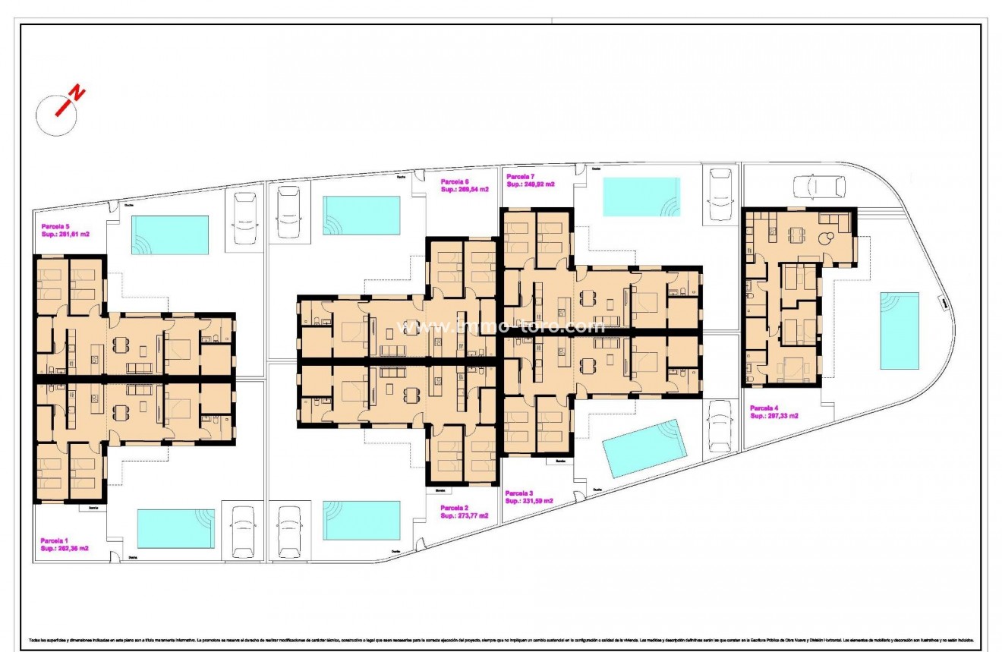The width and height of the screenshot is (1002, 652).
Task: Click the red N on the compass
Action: click(77, 94)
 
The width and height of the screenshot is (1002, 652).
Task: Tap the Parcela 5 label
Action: click(55, 225)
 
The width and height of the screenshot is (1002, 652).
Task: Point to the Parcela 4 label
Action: click(767, 407)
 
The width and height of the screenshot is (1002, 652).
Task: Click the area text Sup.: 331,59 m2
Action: click(529, 501)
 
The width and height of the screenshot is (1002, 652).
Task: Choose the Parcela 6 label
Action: click(455, 181)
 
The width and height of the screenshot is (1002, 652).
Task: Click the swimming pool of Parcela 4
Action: click(900, 331)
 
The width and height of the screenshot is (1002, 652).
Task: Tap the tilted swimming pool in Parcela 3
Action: click(644, 448)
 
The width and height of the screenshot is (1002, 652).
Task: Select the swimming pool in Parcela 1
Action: click(176, 528)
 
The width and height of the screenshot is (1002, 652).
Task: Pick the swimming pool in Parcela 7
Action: click(641, 197)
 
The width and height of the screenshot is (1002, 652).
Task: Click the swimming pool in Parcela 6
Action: click(361, 216)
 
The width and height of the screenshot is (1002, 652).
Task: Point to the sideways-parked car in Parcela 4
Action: click(818, 186)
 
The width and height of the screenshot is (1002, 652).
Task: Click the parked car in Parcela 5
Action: click(245, 217)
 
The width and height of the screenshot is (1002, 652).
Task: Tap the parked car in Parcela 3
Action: click(719, 425)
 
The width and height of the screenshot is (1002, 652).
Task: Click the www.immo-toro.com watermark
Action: click(502, 326)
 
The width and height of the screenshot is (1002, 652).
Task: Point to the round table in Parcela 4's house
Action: click(824, 238)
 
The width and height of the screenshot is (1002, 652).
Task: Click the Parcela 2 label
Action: click(455, 507)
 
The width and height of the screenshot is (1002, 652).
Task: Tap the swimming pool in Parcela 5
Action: click(170, 235)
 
